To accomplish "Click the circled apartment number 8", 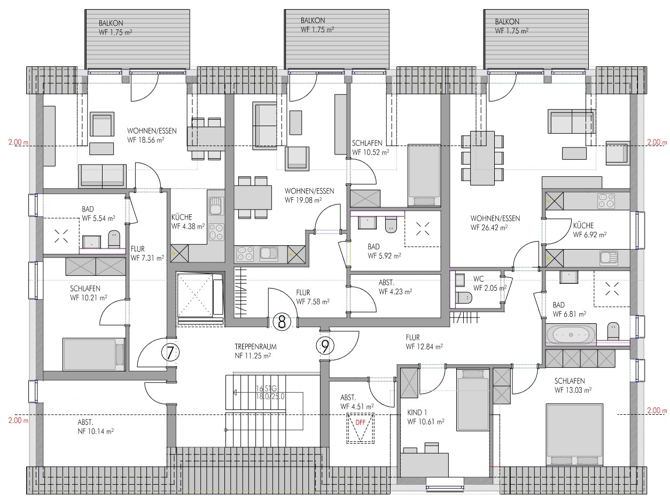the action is [x=282, y=322].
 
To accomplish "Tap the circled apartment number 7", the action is [x=170, y=353].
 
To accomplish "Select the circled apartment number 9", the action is [x=325, y=346].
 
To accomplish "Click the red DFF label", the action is [x=360, y=423].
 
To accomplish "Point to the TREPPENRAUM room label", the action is [x=255, y=347].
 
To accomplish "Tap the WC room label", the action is [x=478, y=278].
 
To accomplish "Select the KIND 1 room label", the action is [x=417, y=413].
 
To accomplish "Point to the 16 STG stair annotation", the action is [x=266, y=389].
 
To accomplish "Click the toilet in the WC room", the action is [x=463, y=298].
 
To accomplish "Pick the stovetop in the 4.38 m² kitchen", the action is [x=216, y=232].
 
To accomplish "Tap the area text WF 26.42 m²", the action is [x=489, y=228].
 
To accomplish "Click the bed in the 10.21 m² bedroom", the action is [x=94, y=354].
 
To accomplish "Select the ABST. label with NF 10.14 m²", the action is [x=85, y=422].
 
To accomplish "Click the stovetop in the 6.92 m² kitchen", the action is [x=606, y=201].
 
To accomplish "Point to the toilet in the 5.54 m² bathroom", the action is [x=114, y=239].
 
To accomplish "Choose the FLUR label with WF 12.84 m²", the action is [x=412, y=338].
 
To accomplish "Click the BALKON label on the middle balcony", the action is [x=313, y=20].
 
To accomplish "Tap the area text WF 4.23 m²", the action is [x=395, y=291].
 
